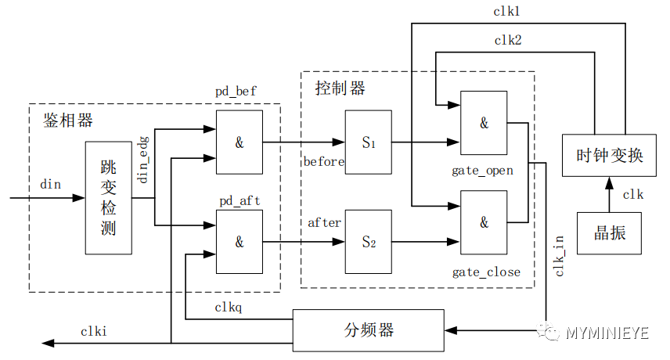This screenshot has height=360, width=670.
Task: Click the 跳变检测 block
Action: (108, 198)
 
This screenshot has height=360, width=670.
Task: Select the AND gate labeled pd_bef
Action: (239, 142)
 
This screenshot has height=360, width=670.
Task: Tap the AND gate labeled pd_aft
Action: (239, 242)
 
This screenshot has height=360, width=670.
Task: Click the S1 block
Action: (368, 142)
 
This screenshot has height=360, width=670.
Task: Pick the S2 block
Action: (368, 242)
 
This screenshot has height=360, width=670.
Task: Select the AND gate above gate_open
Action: (484, 123)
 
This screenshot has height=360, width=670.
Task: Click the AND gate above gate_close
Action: (484, 222)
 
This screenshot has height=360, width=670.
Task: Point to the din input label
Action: (50, 184)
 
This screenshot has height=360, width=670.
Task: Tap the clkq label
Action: (228, 307)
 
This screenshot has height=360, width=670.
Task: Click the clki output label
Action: (93, 331)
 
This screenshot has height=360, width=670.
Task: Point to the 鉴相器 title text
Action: (67, 120)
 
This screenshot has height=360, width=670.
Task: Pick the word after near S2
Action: (324, 223)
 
